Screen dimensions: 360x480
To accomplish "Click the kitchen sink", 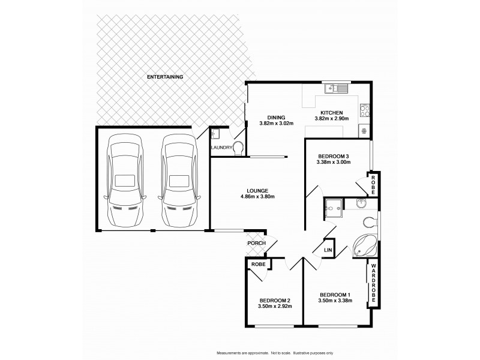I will (x=336, y=89).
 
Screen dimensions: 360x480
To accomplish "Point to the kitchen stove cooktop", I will (x=363, y=110).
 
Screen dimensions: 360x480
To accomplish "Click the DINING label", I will (x=276, y=118).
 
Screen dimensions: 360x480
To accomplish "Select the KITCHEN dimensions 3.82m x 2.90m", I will (x=331, y=119).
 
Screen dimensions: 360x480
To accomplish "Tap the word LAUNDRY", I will (x=221, y=147).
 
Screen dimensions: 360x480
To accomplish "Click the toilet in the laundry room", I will (x=239, y=148).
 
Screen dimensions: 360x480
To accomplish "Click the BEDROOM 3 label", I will (x=333, y=157).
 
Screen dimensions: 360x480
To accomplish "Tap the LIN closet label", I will (x=328, y=249).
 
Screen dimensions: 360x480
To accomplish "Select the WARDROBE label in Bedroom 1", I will (x=373, y=285).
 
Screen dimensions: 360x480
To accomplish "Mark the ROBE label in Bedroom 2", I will (x=259, y=263).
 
